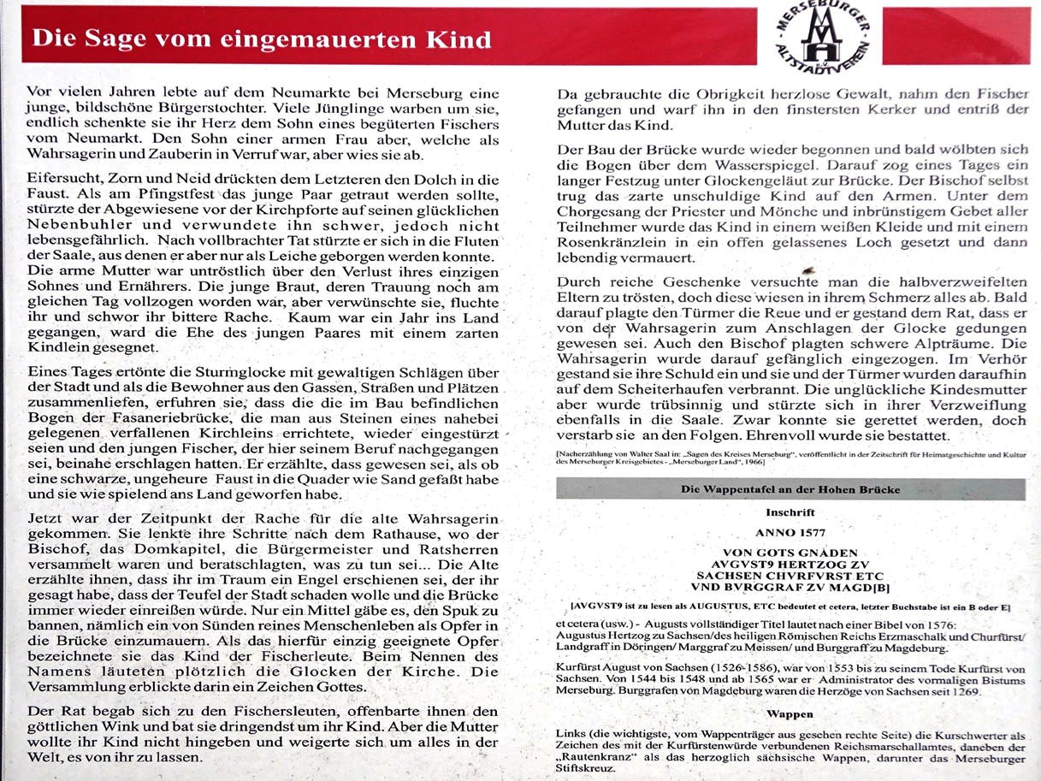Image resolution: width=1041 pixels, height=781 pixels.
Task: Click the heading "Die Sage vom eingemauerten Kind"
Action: (262, 38)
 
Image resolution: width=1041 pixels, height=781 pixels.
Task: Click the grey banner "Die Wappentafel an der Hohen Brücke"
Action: (790, 490)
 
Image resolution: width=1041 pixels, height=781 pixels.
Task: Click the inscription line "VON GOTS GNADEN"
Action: (790, 553)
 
